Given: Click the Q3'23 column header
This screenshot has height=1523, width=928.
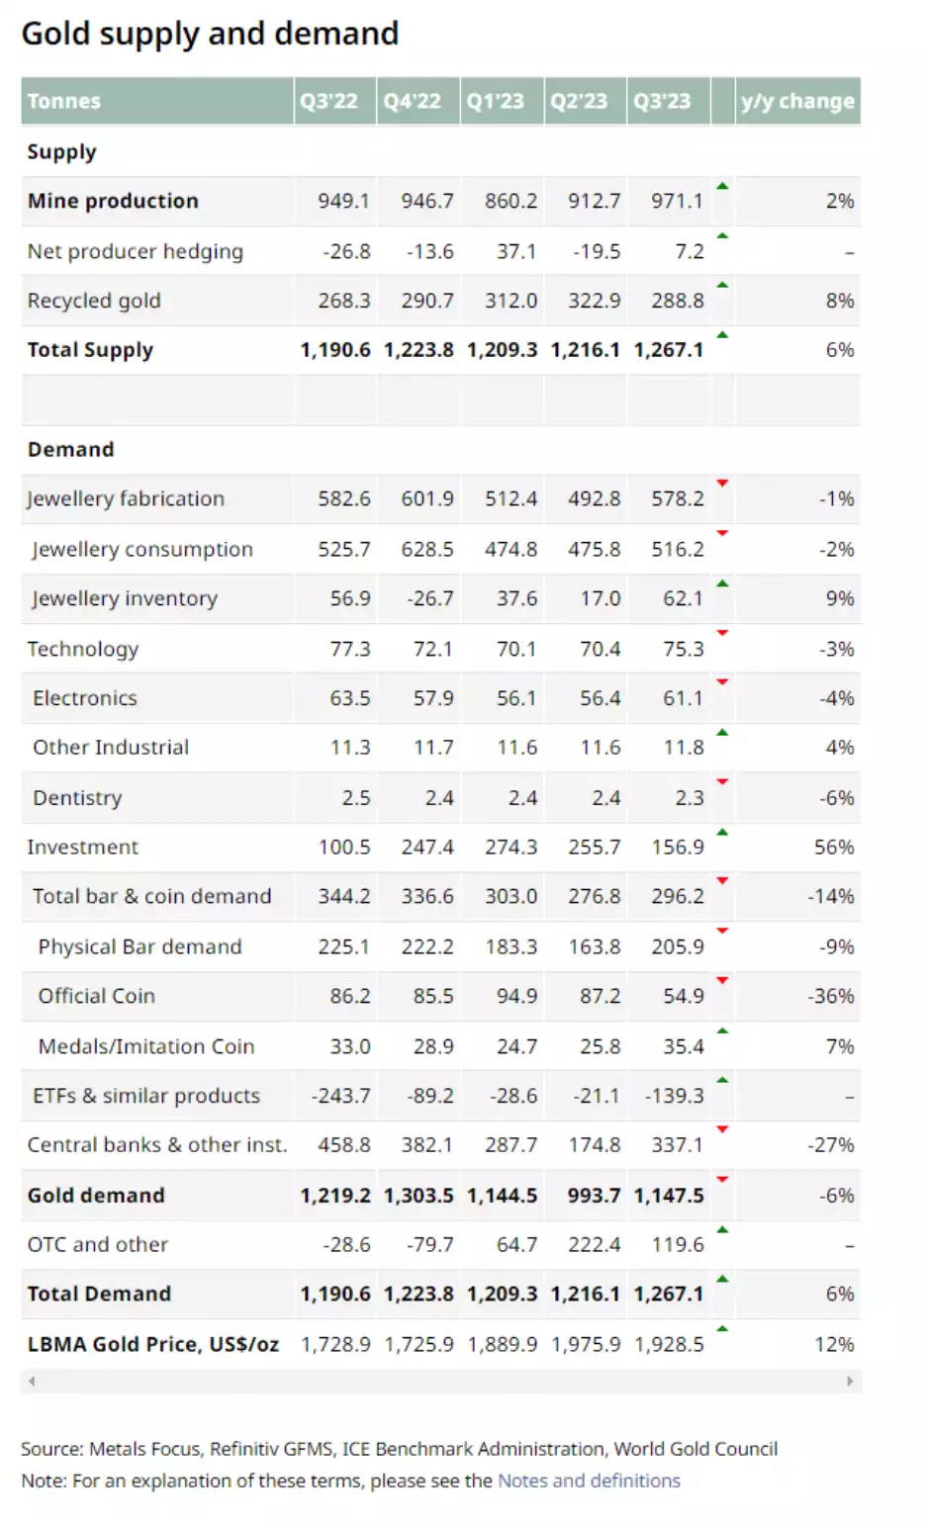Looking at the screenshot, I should [x=662, y=101].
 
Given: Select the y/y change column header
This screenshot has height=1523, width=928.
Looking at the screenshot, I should [x=796, y=101].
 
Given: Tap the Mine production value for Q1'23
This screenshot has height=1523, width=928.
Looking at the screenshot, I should [x=510, y=201].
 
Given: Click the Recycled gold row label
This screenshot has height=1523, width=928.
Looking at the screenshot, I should [x=94, y=301].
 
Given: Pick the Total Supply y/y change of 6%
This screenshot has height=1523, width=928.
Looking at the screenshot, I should [x=840, y=350].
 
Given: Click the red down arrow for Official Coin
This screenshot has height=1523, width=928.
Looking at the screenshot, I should [x=722, y=980].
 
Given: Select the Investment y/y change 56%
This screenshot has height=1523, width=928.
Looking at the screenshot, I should [x=834, y=847].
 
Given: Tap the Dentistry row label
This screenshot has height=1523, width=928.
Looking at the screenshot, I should [x=77, y=797].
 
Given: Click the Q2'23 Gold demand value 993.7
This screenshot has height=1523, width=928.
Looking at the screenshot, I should [x=594, y=1195].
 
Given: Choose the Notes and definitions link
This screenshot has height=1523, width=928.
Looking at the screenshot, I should [x=589, y=1480].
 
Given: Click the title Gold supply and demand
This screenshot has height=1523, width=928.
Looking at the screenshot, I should [x=210, y=34].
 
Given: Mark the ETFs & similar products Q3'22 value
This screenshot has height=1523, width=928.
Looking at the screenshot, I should [x=340, y=1096].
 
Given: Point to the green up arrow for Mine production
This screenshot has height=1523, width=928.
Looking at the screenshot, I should [x=722, y=186].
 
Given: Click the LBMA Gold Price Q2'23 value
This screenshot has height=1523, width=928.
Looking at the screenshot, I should [x=586, y=1344].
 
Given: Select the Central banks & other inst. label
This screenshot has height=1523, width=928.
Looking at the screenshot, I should [x=156, y=1144].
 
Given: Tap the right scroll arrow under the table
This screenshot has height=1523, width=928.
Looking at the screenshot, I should [x=850, y=1381].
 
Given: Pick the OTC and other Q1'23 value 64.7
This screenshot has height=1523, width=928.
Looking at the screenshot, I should [x=516, y=1244].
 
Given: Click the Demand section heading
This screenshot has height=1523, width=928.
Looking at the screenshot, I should [x=70, y=449].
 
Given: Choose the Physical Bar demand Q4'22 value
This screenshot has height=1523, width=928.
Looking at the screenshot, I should [x=427, y=946].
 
